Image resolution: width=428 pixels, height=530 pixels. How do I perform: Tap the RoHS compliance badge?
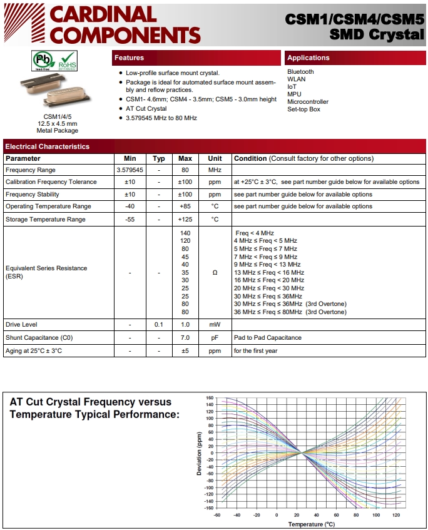[67, 61]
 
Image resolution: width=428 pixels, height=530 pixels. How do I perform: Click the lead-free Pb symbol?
[44, 61]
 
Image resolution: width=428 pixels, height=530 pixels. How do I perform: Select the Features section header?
[129, 58]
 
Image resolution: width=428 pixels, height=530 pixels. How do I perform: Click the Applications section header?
[308, 58]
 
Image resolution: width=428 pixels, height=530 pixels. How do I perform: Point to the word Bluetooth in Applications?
[300, 72]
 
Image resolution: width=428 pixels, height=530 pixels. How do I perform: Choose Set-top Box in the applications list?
[303, 110]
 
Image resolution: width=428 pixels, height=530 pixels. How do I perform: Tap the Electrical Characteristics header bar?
[47, 146]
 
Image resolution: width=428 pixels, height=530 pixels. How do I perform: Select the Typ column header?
[159, 159]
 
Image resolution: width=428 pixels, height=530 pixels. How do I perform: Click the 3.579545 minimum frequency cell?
[130, 170]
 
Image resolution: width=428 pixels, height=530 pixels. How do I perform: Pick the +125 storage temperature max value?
[185, 220]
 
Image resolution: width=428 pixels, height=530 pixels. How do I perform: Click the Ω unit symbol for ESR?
[215, 272]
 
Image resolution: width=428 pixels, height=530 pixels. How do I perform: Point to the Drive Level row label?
[21, 325]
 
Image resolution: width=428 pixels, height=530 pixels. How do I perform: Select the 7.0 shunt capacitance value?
[185, 338]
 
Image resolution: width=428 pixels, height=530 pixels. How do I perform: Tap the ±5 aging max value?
[185, 351]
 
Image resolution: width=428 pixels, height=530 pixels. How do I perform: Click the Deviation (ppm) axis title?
[200, 453]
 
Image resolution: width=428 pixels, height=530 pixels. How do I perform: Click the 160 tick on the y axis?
[210, 398]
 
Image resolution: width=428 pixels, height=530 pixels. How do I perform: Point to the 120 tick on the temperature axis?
[395, 516]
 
